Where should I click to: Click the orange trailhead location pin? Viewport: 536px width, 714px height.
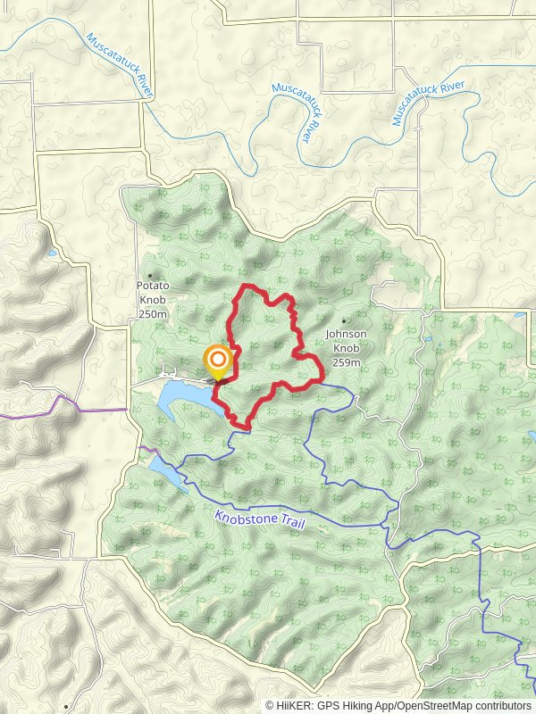coord(217,361)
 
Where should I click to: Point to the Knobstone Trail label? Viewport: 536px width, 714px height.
coord(260,519)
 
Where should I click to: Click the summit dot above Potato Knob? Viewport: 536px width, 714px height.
coord(150,275)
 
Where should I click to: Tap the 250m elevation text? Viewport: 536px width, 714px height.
coord(153,314)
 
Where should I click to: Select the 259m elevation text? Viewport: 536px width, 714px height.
coord(345,362)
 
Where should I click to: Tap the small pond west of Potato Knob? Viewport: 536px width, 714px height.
coord(52,253)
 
